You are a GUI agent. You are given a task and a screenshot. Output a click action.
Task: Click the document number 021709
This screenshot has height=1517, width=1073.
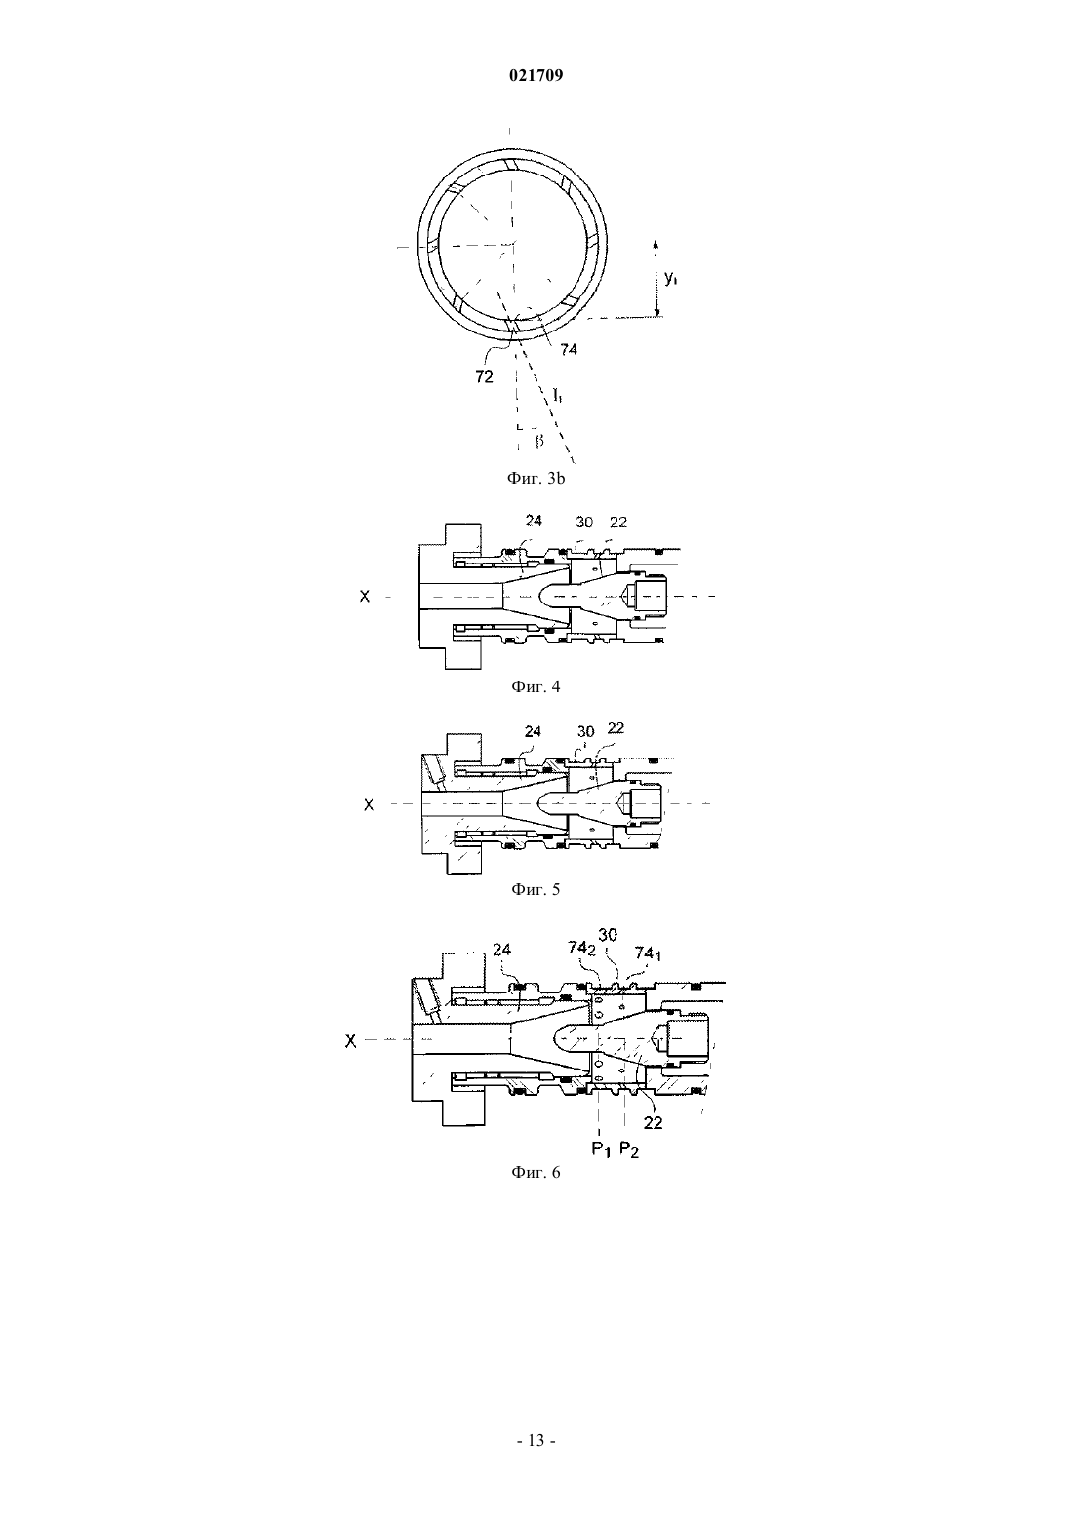(536, 75)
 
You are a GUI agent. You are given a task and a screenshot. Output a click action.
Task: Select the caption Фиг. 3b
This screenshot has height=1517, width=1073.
(536, 478)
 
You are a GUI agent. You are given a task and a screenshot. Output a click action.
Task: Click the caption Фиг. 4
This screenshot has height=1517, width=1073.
(536, 686)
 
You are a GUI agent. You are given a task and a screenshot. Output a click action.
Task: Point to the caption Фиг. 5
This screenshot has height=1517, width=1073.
(536, 889)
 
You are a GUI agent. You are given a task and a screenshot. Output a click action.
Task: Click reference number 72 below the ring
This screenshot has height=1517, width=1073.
(485, 377)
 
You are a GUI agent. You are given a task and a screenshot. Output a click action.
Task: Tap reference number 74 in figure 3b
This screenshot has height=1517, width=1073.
(569, 349)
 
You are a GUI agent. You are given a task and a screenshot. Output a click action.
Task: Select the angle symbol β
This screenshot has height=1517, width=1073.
(539, 442)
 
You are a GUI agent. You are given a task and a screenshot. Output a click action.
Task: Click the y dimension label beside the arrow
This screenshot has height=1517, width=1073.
(671, 278)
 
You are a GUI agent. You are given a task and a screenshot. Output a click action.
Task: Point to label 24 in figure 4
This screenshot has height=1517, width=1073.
(534, 520)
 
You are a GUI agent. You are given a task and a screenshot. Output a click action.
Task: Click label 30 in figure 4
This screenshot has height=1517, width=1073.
(584, 523)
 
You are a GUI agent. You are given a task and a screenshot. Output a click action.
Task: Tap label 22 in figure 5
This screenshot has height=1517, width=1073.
(616, 727)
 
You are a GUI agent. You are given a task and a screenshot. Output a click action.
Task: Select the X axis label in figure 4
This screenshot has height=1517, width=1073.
(365, 597)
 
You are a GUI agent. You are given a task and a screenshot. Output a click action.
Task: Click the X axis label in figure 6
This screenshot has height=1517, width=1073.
(350, 1041)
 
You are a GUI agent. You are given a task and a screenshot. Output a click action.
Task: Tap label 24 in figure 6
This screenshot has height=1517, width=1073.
(502, 950)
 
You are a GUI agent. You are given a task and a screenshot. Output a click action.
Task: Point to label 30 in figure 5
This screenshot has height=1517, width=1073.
(585, 731)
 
